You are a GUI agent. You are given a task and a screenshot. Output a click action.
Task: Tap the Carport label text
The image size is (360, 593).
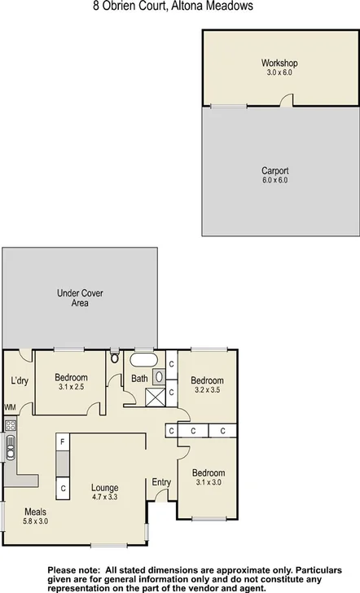pos(274,170)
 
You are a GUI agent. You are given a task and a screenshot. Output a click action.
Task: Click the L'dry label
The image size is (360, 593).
pos(20,380)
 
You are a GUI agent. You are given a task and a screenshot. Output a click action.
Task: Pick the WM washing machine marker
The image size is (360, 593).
pos(10,407)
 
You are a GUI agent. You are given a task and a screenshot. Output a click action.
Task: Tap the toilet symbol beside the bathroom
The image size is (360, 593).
pos(115,358)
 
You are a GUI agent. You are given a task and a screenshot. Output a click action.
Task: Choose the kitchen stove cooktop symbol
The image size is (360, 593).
pos(11,424)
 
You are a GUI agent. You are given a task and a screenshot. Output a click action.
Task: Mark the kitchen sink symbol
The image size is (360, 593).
pos(11,446)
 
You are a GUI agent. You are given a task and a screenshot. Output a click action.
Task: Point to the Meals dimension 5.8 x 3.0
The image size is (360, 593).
pos(35,521)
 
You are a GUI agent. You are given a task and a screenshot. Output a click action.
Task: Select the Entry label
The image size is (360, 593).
pos(162,482)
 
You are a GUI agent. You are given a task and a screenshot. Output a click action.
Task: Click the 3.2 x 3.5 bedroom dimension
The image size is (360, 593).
pos(207,390)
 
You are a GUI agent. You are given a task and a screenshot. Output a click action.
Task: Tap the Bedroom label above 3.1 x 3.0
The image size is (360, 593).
pos(208,472)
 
